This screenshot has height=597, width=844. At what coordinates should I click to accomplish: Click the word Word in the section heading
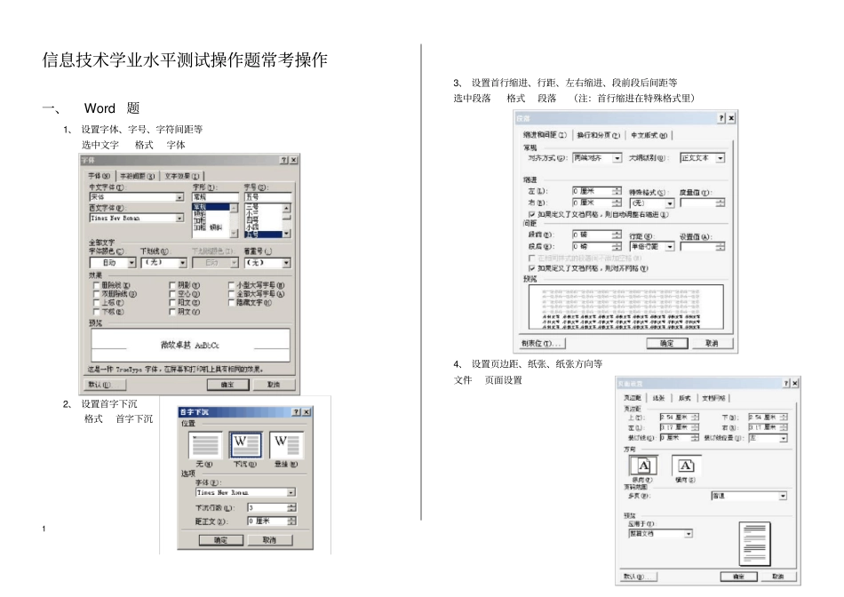point(100,108)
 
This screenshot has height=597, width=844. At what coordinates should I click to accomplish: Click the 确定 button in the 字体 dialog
point(227,385)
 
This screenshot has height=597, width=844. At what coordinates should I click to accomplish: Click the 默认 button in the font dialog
point(100,385)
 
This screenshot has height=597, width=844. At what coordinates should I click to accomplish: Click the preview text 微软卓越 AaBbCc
point(190,345)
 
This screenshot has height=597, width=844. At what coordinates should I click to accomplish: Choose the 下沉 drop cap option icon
point(245,445)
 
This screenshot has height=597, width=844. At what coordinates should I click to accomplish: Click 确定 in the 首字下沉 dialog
point(220,539)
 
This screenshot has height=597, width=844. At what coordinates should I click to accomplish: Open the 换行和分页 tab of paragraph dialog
point(598,135)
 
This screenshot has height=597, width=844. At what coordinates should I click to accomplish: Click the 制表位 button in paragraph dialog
point(541,343)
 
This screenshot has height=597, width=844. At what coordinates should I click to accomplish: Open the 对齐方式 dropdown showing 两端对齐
point(597,158)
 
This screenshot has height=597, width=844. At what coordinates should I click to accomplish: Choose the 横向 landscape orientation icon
point(685,466)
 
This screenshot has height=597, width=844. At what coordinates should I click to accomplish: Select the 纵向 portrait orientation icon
point(643,466)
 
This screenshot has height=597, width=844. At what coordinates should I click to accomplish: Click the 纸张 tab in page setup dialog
point(658,398)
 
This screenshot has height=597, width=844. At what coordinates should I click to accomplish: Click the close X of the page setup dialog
point(795,383)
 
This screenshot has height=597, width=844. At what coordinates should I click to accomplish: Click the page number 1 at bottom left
point(44,530)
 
